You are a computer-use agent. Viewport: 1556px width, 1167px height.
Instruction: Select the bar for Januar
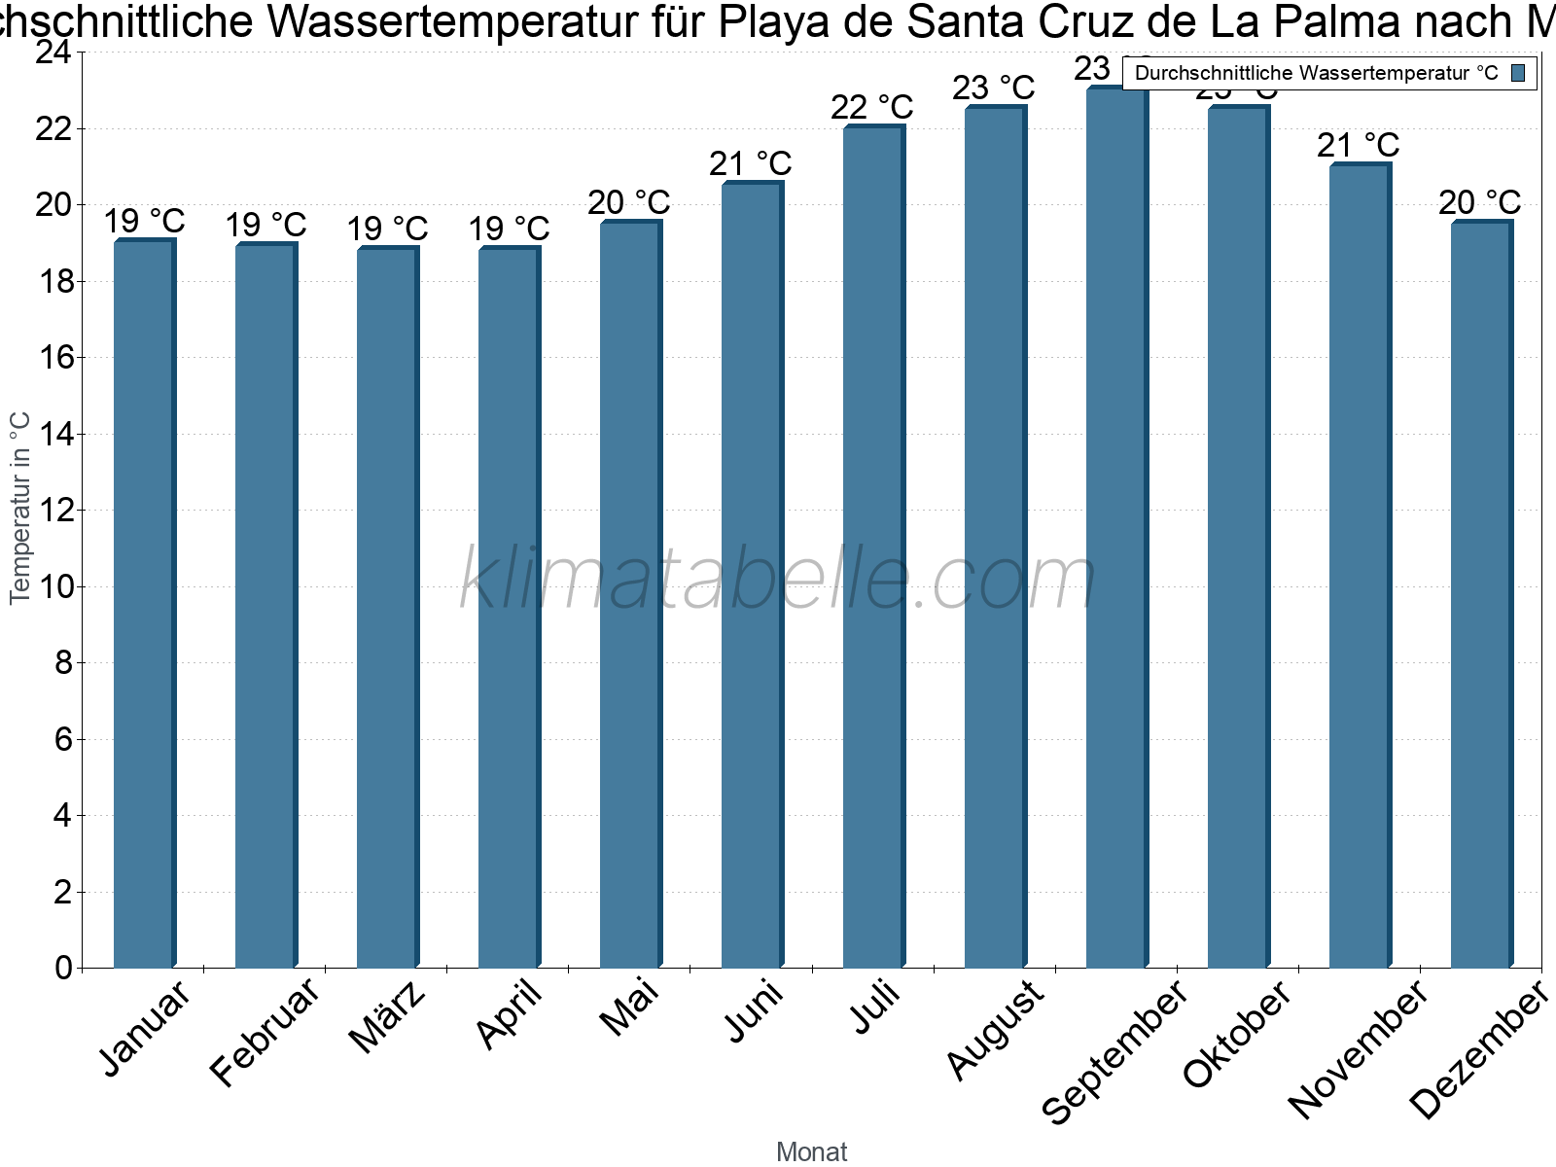coord(144,603)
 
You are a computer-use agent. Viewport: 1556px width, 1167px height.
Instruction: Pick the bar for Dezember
coord(1481,594)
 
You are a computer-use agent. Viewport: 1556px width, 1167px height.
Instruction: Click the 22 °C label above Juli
coord(872,107)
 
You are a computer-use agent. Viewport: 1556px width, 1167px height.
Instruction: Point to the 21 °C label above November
coord(1358,146)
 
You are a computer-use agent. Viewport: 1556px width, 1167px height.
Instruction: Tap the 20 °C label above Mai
coord(629,203)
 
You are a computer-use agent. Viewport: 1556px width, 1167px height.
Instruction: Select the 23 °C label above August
coord(994,88)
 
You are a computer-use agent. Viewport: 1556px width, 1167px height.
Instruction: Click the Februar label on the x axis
coord(265,1032)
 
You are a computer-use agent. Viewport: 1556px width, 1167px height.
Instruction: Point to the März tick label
coord(388,1016)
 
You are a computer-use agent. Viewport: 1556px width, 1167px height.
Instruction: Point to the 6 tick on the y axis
coord(64,740)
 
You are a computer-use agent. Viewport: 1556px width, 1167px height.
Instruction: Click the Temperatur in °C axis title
coord(20,508)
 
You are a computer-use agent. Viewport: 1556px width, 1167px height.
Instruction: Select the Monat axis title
coord(812,1152)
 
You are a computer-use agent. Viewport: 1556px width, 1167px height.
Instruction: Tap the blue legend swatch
coord(1519,73)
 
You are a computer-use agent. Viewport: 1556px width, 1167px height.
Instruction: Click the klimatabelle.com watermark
coord(778,580)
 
